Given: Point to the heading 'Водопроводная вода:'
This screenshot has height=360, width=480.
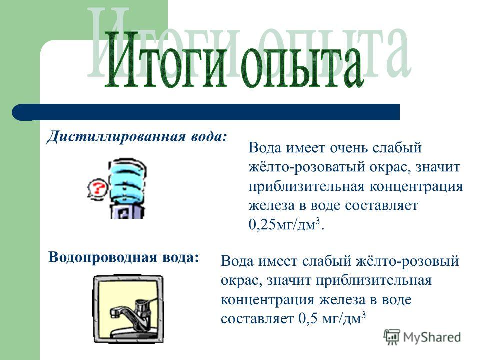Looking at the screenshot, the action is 124,257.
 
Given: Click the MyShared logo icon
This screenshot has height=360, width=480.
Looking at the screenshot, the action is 392,337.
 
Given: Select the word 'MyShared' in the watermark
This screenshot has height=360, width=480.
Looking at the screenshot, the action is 432,337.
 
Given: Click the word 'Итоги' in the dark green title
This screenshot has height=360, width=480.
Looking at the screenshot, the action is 167,59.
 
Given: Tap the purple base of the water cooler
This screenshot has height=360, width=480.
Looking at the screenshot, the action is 127,211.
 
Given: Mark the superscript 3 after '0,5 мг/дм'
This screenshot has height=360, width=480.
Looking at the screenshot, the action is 364,315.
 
